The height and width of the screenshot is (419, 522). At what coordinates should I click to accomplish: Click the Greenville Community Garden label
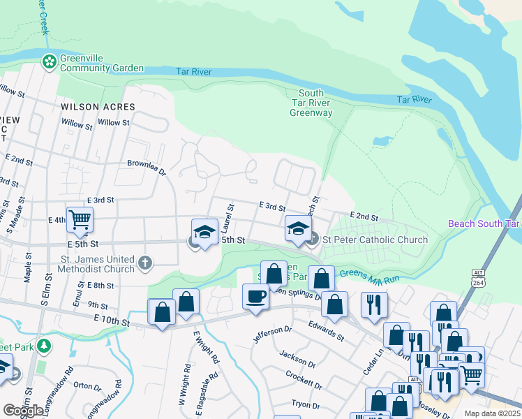101,63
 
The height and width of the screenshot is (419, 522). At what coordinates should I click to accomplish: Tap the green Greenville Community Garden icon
50,63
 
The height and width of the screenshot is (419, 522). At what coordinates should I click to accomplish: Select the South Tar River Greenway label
311,103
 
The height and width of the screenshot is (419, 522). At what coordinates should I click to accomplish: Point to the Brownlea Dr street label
147,167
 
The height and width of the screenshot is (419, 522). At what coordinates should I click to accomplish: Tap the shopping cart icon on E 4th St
80,219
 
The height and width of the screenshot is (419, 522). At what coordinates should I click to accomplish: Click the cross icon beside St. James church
144,263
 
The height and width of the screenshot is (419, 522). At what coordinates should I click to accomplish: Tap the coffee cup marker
255,296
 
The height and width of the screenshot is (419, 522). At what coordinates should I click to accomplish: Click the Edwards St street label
327,330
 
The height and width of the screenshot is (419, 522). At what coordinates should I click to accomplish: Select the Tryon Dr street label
304,405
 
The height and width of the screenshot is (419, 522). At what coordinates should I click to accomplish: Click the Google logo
24,411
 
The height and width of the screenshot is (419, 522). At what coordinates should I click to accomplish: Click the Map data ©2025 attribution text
491,413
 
